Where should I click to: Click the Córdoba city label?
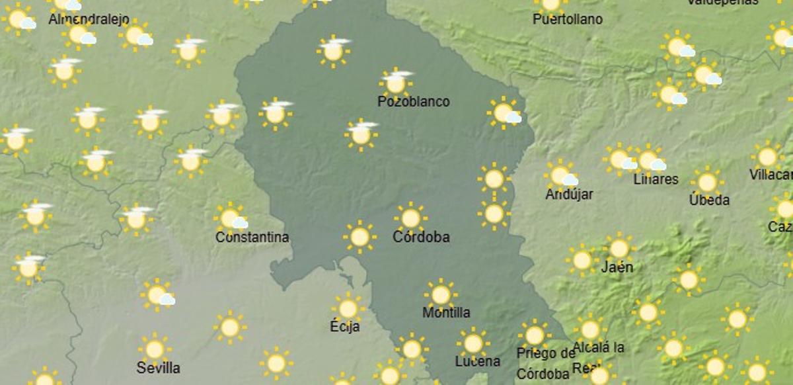click(421, 237)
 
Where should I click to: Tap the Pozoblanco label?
click(414, 102)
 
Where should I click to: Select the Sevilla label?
click(158, 368)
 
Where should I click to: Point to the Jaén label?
click(617, 268)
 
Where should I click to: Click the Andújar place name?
click(569, 194)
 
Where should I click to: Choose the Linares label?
click(656, 179)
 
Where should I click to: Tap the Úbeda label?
click(709, 200)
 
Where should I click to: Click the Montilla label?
click(446, 312)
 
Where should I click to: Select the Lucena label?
click(477, 361)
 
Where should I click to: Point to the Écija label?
click(345, 326)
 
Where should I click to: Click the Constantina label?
click(252, 237)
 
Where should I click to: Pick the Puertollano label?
click(568, 20)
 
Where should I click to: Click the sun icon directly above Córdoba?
click(410, 218)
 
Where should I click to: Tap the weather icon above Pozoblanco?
click(396, 83)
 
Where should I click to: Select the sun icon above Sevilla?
click(155, 349)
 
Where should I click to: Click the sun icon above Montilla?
click(441, 294)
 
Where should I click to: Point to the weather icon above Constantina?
click(230, 218)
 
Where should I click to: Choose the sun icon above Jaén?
click(619, 248)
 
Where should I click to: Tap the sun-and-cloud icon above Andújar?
click(561, 175)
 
